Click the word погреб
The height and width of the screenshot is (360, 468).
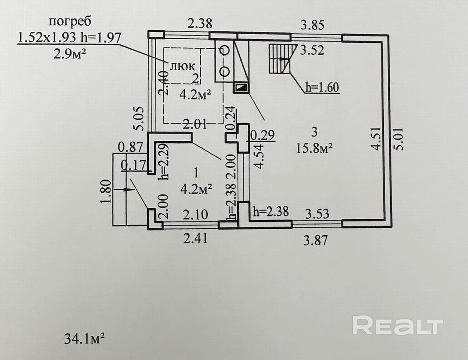click(69, 21)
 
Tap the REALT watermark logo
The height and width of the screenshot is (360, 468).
click(397, 326)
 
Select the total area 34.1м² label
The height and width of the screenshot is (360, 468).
click(85, 339)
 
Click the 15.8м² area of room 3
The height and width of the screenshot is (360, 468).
click(314, 148)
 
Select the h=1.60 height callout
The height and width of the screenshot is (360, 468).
click(322, 87)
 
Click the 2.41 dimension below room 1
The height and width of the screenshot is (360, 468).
click(194, 238)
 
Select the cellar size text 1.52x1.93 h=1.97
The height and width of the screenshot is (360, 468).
click(69, 37)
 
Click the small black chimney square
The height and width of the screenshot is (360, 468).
click(241, 87)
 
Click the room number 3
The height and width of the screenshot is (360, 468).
click(314, 132)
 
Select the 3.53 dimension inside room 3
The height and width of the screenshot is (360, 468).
click(316, 212)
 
